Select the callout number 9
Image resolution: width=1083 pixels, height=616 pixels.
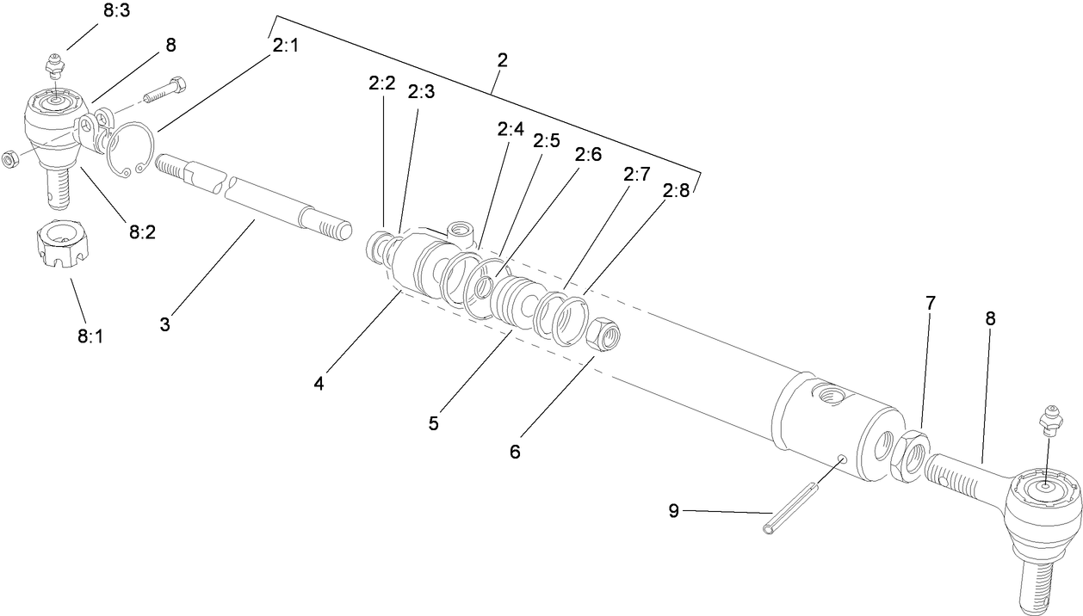point(673,511)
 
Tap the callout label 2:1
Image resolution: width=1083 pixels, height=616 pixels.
point(285,46)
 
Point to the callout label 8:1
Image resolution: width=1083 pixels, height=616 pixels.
point(90,336)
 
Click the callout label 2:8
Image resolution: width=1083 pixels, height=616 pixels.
point(676,190)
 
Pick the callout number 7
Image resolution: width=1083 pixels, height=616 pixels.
point(930,303)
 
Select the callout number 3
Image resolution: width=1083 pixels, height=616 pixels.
point(164,324)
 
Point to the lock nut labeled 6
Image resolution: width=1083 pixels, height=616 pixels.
point(603,333)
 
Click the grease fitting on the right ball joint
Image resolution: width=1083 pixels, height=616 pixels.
point(1047,418)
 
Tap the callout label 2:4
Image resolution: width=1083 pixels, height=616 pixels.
point(510,129)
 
